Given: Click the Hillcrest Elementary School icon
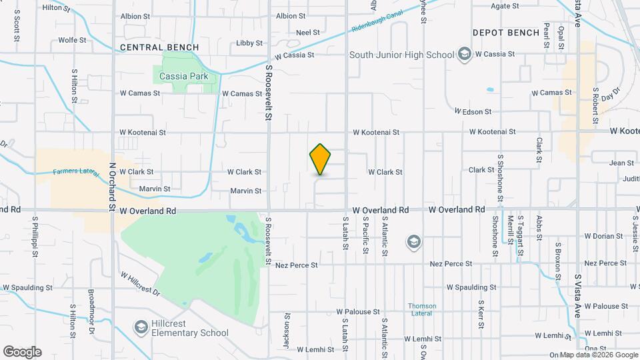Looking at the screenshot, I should (x=141, y=327).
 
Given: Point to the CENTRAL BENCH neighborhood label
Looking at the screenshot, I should (x=159, y=47).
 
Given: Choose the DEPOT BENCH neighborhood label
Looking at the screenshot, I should (x=506, y=32).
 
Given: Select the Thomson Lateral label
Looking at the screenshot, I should (x=422, y=310).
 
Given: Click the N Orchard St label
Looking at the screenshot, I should (x=113, y=188).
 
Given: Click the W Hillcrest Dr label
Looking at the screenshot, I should (x=141, y=283).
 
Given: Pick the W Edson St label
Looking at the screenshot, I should (x=473, y=111).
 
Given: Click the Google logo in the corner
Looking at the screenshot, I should (x=22, y=352).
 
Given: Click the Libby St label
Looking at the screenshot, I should (x=249, y=43).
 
